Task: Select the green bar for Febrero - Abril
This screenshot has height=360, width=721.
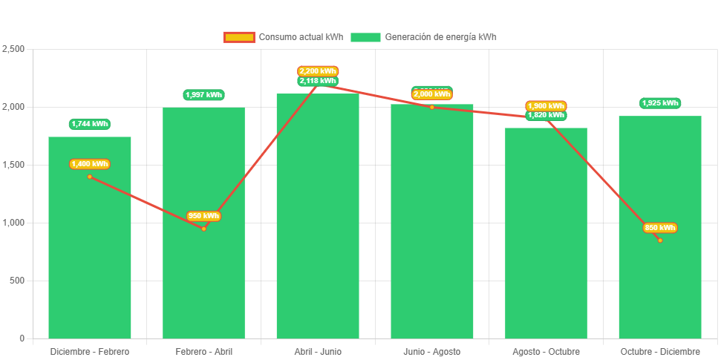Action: (203, 282)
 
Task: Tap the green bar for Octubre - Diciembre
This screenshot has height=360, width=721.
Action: (659, 289)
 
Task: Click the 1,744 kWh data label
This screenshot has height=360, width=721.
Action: (90, 124)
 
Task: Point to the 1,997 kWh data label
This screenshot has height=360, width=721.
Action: (203, 95)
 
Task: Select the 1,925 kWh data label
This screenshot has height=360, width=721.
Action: (660, 103)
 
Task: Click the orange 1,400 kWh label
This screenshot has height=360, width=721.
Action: (90, 164)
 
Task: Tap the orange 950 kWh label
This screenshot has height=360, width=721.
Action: (203, 216)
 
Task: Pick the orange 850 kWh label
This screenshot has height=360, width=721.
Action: (660, 228)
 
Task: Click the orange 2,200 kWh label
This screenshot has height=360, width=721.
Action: (318, 71)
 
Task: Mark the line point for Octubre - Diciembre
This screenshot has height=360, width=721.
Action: (659, 240)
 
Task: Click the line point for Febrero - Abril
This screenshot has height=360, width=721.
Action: (203, 229)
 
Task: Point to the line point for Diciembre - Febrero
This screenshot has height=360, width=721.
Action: (90, 177)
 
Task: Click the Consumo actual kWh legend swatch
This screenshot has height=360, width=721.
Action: (239, 37)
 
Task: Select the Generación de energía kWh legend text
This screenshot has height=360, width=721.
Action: (440, 37)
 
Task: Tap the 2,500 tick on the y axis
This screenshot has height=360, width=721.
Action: (14, 49)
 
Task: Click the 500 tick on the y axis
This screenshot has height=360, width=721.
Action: (17, 281)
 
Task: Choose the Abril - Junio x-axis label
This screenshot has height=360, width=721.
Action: (318, 351)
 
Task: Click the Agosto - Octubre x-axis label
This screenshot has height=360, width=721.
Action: (546, 351)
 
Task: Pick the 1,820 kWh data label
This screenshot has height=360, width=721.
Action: (546, 115)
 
